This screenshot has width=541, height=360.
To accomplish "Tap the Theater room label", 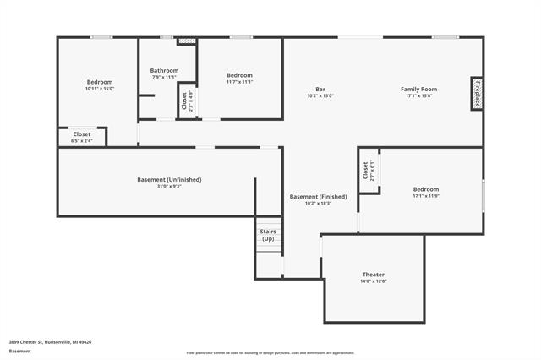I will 374,275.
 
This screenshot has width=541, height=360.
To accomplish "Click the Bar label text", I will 320,89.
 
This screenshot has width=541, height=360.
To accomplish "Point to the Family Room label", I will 418,89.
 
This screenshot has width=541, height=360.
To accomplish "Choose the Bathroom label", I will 164,70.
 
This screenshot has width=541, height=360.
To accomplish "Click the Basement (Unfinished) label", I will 169,179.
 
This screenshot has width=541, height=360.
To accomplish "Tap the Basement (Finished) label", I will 318,197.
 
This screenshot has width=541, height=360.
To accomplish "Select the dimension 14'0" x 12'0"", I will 374,281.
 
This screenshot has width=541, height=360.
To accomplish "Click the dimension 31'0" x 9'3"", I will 169,186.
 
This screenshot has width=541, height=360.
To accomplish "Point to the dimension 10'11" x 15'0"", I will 99,89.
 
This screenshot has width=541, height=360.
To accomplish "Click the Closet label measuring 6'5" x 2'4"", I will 82,134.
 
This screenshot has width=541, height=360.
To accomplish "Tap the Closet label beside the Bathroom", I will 184,101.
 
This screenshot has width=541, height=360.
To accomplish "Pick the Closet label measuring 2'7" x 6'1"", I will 366,171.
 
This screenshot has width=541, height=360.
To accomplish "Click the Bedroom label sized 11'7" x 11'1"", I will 239,75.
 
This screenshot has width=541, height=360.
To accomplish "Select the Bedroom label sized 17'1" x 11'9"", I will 425,189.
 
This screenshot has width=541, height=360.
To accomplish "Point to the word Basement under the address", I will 19,351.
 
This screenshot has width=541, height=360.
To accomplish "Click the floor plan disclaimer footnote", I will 270,352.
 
